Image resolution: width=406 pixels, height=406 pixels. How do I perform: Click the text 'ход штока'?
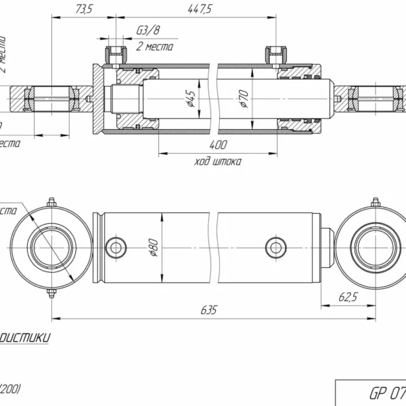(x=217, y=162)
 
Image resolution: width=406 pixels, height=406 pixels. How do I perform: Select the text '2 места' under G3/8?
(x=154, y=47)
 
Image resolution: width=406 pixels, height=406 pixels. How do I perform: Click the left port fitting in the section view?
(x=114, y=54)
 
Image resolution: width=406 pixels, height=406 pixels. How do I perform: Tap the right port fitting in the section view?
(x=275, y=54)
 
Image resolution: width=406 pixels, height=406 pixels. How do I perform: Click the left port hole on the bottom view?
(x=116, y=248)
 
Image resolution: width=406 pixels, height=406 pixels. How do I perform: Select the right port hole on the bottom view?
(x=275, y=248)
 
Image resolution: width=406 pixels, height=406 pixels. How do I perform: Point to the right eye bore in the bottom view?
(x=374, y=248)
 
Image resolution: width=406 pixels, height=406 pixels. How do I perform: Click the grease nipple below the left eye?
(x=51, y=294)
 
